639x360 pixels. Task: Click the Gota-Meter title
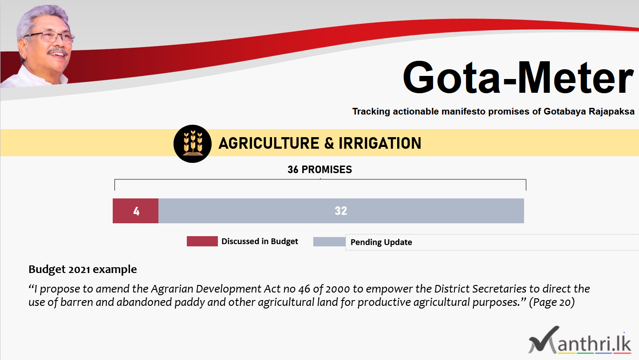click(x=518, y=77)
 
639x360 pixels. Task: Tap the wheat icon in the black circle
click(x=193, y=144)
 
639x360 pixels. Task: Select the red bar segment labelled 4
click(x=135, y=211)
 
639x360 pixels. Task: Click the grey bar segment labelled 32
click(x=341, y=211)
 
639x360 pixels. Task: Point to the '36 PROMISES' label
click(x=320, y=170)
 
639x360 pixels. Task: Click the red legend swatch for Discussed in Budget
click(x=202, y=241)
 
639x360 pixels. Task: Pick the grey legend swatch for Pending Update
click(x=329, y=241)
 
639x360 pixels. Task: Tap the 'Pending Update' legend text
click(x=381, y=242)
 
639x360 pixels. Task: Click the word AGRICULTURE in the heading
click(x=269, y=143)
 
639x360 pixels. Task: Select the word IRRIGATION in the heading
click(x=380, y=143)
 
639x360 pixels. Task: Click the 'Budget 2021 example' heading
click(x=83, y=269)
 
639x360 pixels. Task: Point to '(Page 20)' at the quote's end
click(x=552, y=302)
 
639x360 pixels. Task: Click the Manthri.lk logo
click(x=580, y=340)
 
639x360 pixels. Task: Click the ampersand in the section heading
click(x=329, y=143)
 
